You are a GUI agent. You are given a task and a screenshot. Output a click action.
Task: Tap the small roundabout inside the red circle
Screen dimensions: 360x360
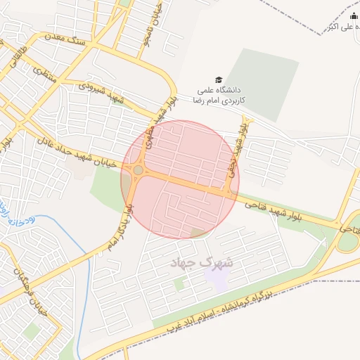point(138,170)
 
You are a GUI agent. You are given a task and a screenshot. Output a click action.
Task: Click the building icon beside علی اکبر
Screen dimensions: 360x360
point(353,16)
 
